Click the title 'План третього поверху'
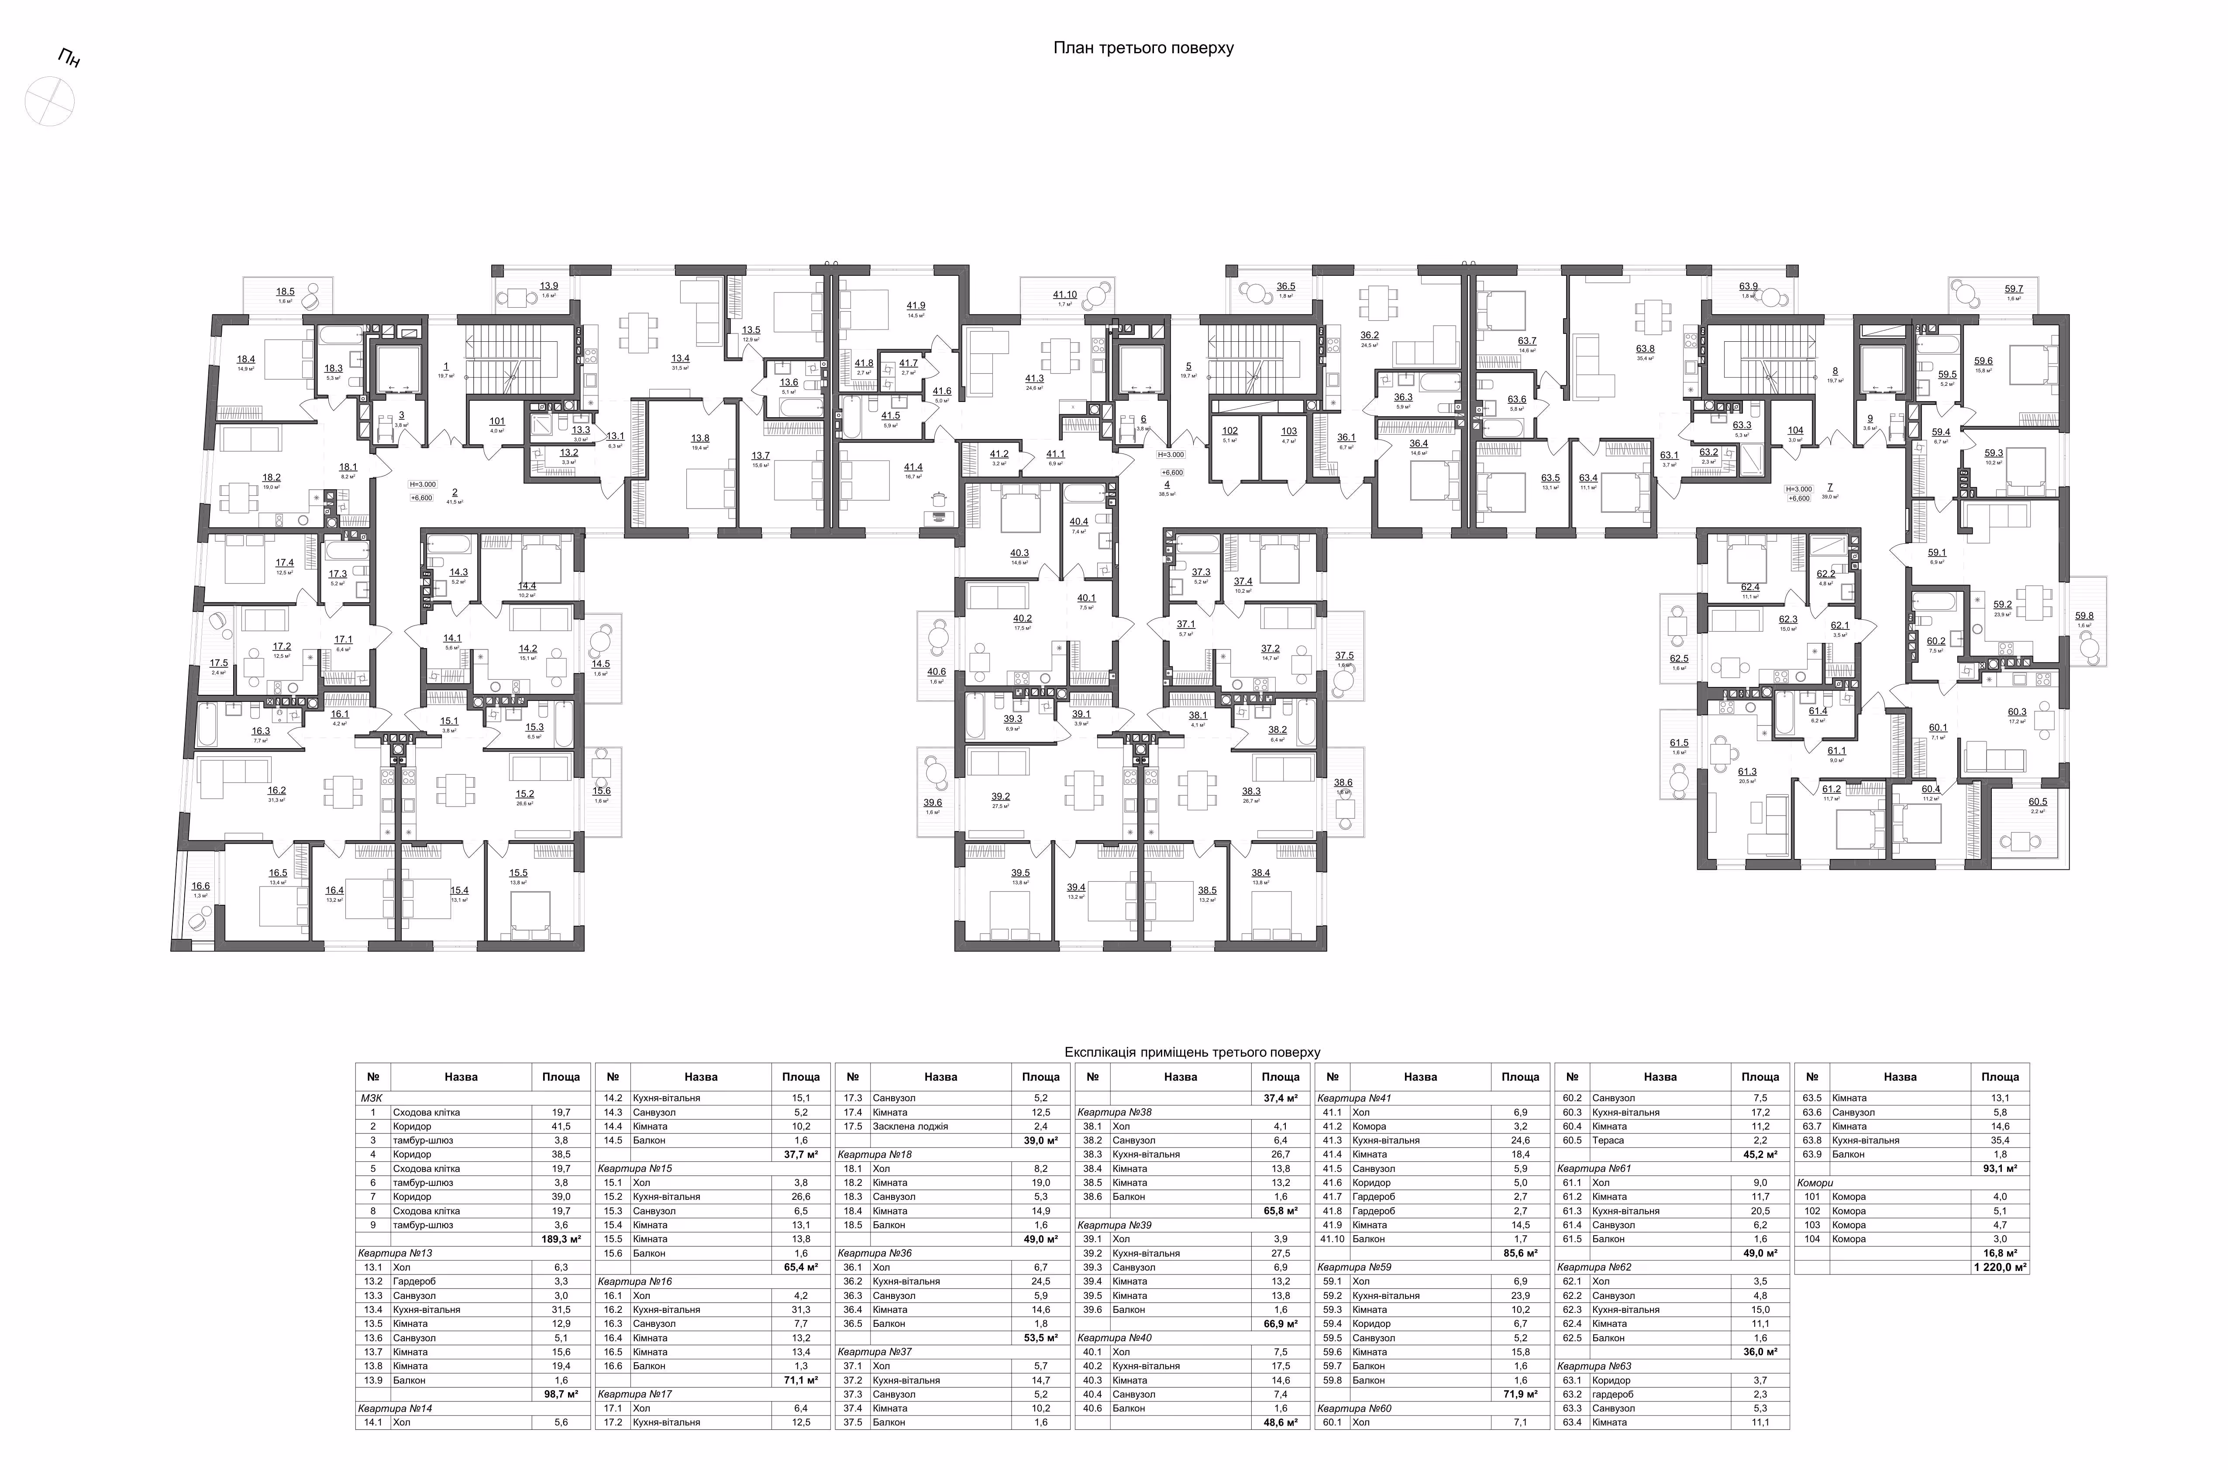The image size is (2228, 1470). tap(1143, 48)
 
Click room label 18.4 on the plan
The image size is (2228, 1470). tap(246, 359)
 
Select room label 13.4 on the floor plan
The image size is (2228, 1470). tap(680, 358)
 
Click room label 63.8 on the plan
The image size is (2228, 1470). tap(1645, 349)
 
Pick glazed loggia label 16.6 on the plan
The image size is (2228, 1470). tap(201, 886)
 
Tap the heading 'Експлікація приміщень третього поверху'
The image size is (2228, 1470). tap(1192, 1052)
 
